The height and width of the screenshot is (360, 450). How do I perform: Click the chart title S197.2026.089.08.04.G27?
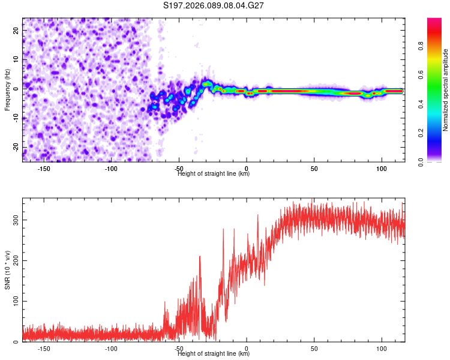(x=214, y=5)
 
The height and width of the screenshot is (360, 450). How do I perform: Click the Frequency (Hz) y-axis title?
(x=7, y=89)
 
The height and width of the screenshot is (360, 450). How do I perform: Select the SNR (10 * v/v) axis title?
(x=7, y=269)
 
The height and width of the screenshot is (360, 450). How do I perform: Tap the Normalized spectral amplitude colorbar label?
(x=445, y=89)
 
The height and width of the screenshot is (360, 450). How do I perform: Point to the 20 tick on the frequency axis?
(x=16, y=30)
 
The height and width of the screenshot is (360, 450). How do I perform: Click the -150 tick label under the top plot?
(x=44, y=168)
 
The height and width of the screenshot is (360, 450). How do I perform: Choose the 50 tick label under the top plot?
(x=314, y=168)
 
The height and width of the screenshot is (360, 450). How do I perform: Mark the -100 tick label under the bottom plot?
(x=111, y=348)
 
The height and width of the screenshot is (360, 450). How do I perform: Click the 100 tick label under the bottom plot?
(x=382, y=348)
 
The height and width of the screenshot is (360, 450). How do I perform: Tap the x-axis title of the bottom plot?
(x=214, y=354)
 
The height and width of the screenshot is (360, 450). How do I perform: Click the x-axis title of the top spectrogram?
(x=214, y=174)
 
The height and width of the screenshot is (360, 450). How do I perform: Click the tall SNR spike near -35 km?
(x=200, y=257)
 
